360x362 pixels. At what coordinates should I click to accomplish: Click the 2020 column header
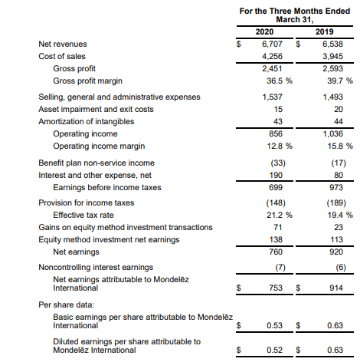pyautogui.click(x=264, y=31)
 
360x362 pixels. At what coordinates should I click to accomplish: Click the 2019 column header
pyautogui.click(x=324, y=31)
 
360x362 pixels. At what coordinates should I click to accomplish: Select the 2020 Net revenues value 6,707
pyautogui.click(x=272, y=44)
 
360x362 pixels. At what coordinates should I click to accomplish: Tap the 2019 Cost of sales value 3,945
pyautogui.click(x=332, y=56)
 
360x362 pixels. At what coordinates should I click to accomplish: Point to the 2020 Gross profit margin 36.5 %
pyautogui.click(x=280, y=81)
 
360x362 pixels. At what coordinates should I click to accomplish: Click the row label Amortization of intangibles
pyautogui.click(x=87, y=121)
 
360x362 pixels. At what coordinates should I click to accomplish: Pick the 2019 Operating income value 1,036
pyautogui.click(x=333, y=133)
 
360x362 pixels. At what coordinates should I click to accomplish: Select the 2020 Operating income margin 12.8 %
pyautogui.click(x=280, y=146)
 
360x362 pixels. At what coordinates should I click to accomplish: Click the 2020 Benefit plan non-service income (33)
pyautogui.click(x=278, y=163)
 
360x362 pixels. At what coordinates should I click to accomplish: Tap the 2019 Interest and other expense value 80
pyautogui.click(x=339, y=175)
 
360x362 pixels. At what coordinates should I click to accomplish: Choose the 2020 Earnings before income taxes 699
pyautogui.click(x=276, y=187)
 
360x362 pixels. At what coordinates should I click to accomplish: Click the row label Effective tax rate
pyautogui.click(x=83, y=215)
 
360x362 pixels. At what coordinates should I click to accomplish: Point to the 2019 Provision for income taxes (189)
pyautogui.click(x=336, y=202)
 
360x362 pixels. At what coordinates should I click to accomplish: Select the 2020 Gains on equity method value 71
pyautogui.click(x=277, y=227)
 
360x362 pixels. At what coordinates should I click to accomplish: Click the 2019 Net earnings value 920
pyautogui.click(x=336, y=252)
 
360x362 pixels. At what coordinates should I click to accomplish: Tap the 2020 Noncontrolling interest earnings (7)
pyautogui.click(x=280, y=267)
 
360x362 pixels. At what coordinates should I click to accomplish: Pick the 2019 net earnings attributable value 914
pyautogui.click(x=336, y=288)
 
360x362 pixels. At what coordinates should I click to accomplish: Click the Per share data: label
pyautogui.click(x=67, y=304)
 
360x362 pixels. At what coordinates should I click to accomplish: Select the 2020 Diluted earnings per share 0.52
pyautogui.click(x=274, y=350)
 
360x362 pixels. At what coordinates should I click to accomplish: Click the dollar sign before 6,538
pyautogui.click(x=298, y=44)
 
